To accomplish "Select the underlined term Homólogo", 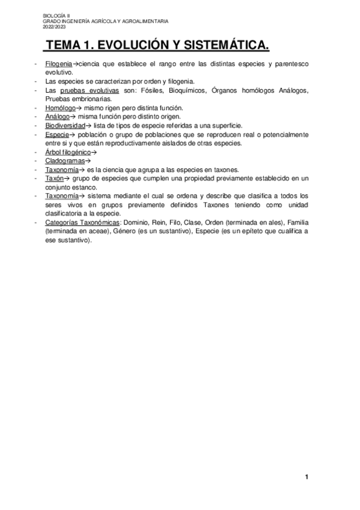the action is pos(61,107).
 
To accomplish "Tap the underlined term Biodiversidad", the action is pos(65,125).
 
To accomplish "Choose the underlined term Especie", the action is pos(57,134).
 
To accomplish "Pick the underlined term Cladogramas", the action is pos(64,161).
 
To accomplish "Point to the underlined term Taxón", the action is pos(54,179).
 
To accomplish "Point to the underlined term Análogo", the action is pos(58,116).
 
